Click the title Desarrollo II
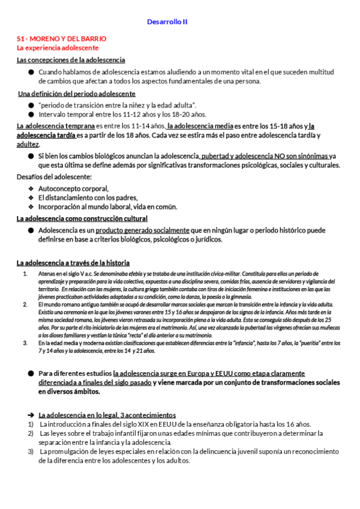click(x=167, y=22)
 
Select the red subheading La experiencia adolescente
click(x=58, y=47)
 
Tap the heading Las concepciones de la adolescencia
click(x=71, y=60)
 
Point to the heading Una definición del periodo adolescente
click(x=77, y=94)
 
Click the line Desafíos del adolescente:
click(x=54, y=176)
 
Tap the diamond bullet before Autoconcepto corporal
click(x=31, y=188)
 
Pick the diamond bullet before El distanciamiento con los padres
click(x=31, y=197)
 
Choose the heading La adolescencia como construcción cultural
click(x=82, y=218)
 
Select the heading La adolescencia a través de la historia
click(x=73, y=262)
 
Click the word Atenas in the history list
click(x=47, y=274)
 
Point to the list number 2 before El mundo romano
click(x=25, y=304)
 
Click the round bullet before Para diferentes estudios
click(x=31, y=373)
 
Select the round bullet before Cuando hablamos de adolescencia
click(x=31, y=72)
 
